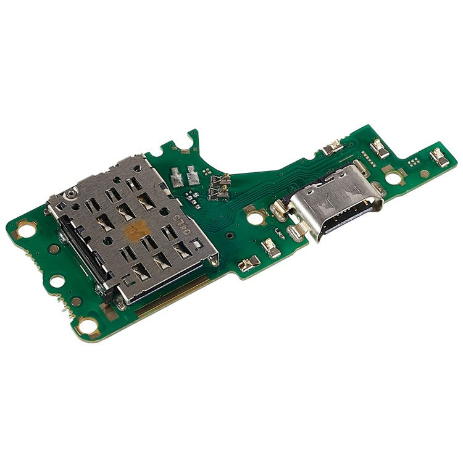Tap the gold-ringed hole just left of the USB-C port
[x=252, y=217]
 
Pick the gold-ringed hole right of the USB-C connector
[x=393, y=177]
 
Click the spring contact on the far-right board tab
[x=439, y=157]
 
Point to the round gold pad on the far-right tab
[x=425, y=173]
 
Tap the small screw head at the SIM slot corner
[x=72, y=196]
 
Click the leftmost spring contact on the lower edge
[x=249, y=264]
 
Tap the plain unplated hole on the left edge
[x=56, y=281]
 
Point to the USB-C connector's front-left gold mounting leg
[x=298, y=231]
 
